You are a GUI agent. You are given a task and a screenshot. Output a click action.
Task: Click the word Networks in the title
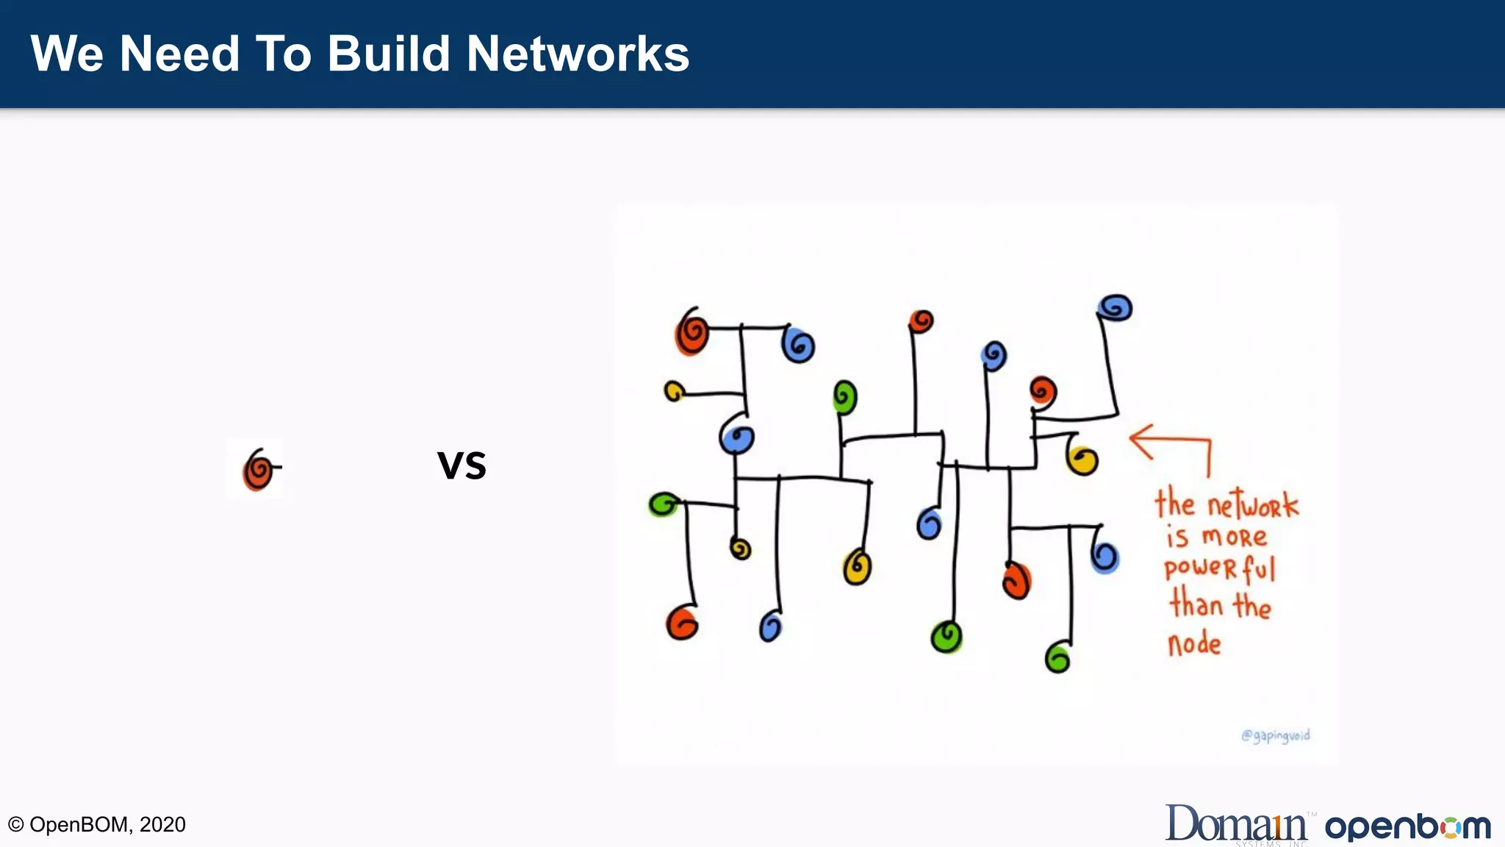(x=578, y=54)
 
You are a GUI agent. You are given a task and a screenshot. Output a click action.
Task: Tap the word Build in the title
(x=388, y=54)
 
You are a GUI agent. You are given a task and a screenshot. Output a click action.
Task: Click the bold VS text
(x=461, y=465)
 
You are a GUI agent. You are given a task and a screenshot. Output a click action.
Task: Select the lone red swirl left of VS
(x=257, y=469)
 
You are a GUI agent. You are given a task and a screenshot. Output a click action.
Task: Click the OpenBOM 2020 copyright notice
(x=97, y=824)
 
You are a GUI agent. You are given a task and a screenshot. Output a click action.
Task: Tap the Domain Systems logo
(x=1237, y=823)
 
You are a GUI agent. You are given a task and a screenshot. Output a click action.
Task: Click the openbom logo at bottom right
(x=1407, y=826)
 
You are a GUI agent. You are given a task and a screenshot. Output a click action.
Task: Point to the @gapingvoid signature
(x=1276, y=735)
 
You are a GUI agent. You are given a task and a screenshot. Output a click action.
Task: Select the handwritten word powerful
(x=1220, y=568)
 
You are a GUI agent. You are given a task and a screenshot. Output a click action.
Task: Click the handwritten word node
(x=1194, y=644)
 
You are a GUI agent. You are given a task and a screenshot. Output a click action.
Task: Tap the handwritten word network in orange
(x=1253, y=505)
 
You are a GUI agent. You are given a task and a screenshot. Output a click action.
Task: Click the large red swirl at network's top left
(x=692, y=332)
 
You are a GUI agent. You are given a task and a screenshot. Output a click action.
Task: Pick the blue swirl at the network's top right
(x=1115, y=307)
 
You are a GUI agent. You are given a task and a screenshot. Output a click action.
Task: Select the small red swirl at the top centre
(x=921, y=321)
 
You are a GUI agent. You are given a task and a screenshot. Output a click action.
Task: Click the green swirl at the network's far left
(x=664, y=504)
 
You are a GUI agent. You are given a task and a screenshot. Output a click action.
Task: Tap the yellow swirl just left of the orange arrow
(x=1082, y=460)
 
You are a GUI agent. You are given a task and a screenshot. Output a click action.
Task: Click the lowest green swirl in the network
(x=1057, y=657)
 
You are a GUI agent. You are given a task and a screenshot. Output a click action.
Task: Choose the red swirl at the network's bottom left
(x=681, y=623)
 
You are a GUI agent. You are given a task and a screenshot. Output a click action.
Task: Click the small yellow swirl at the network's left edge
(x=673, y=391)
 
